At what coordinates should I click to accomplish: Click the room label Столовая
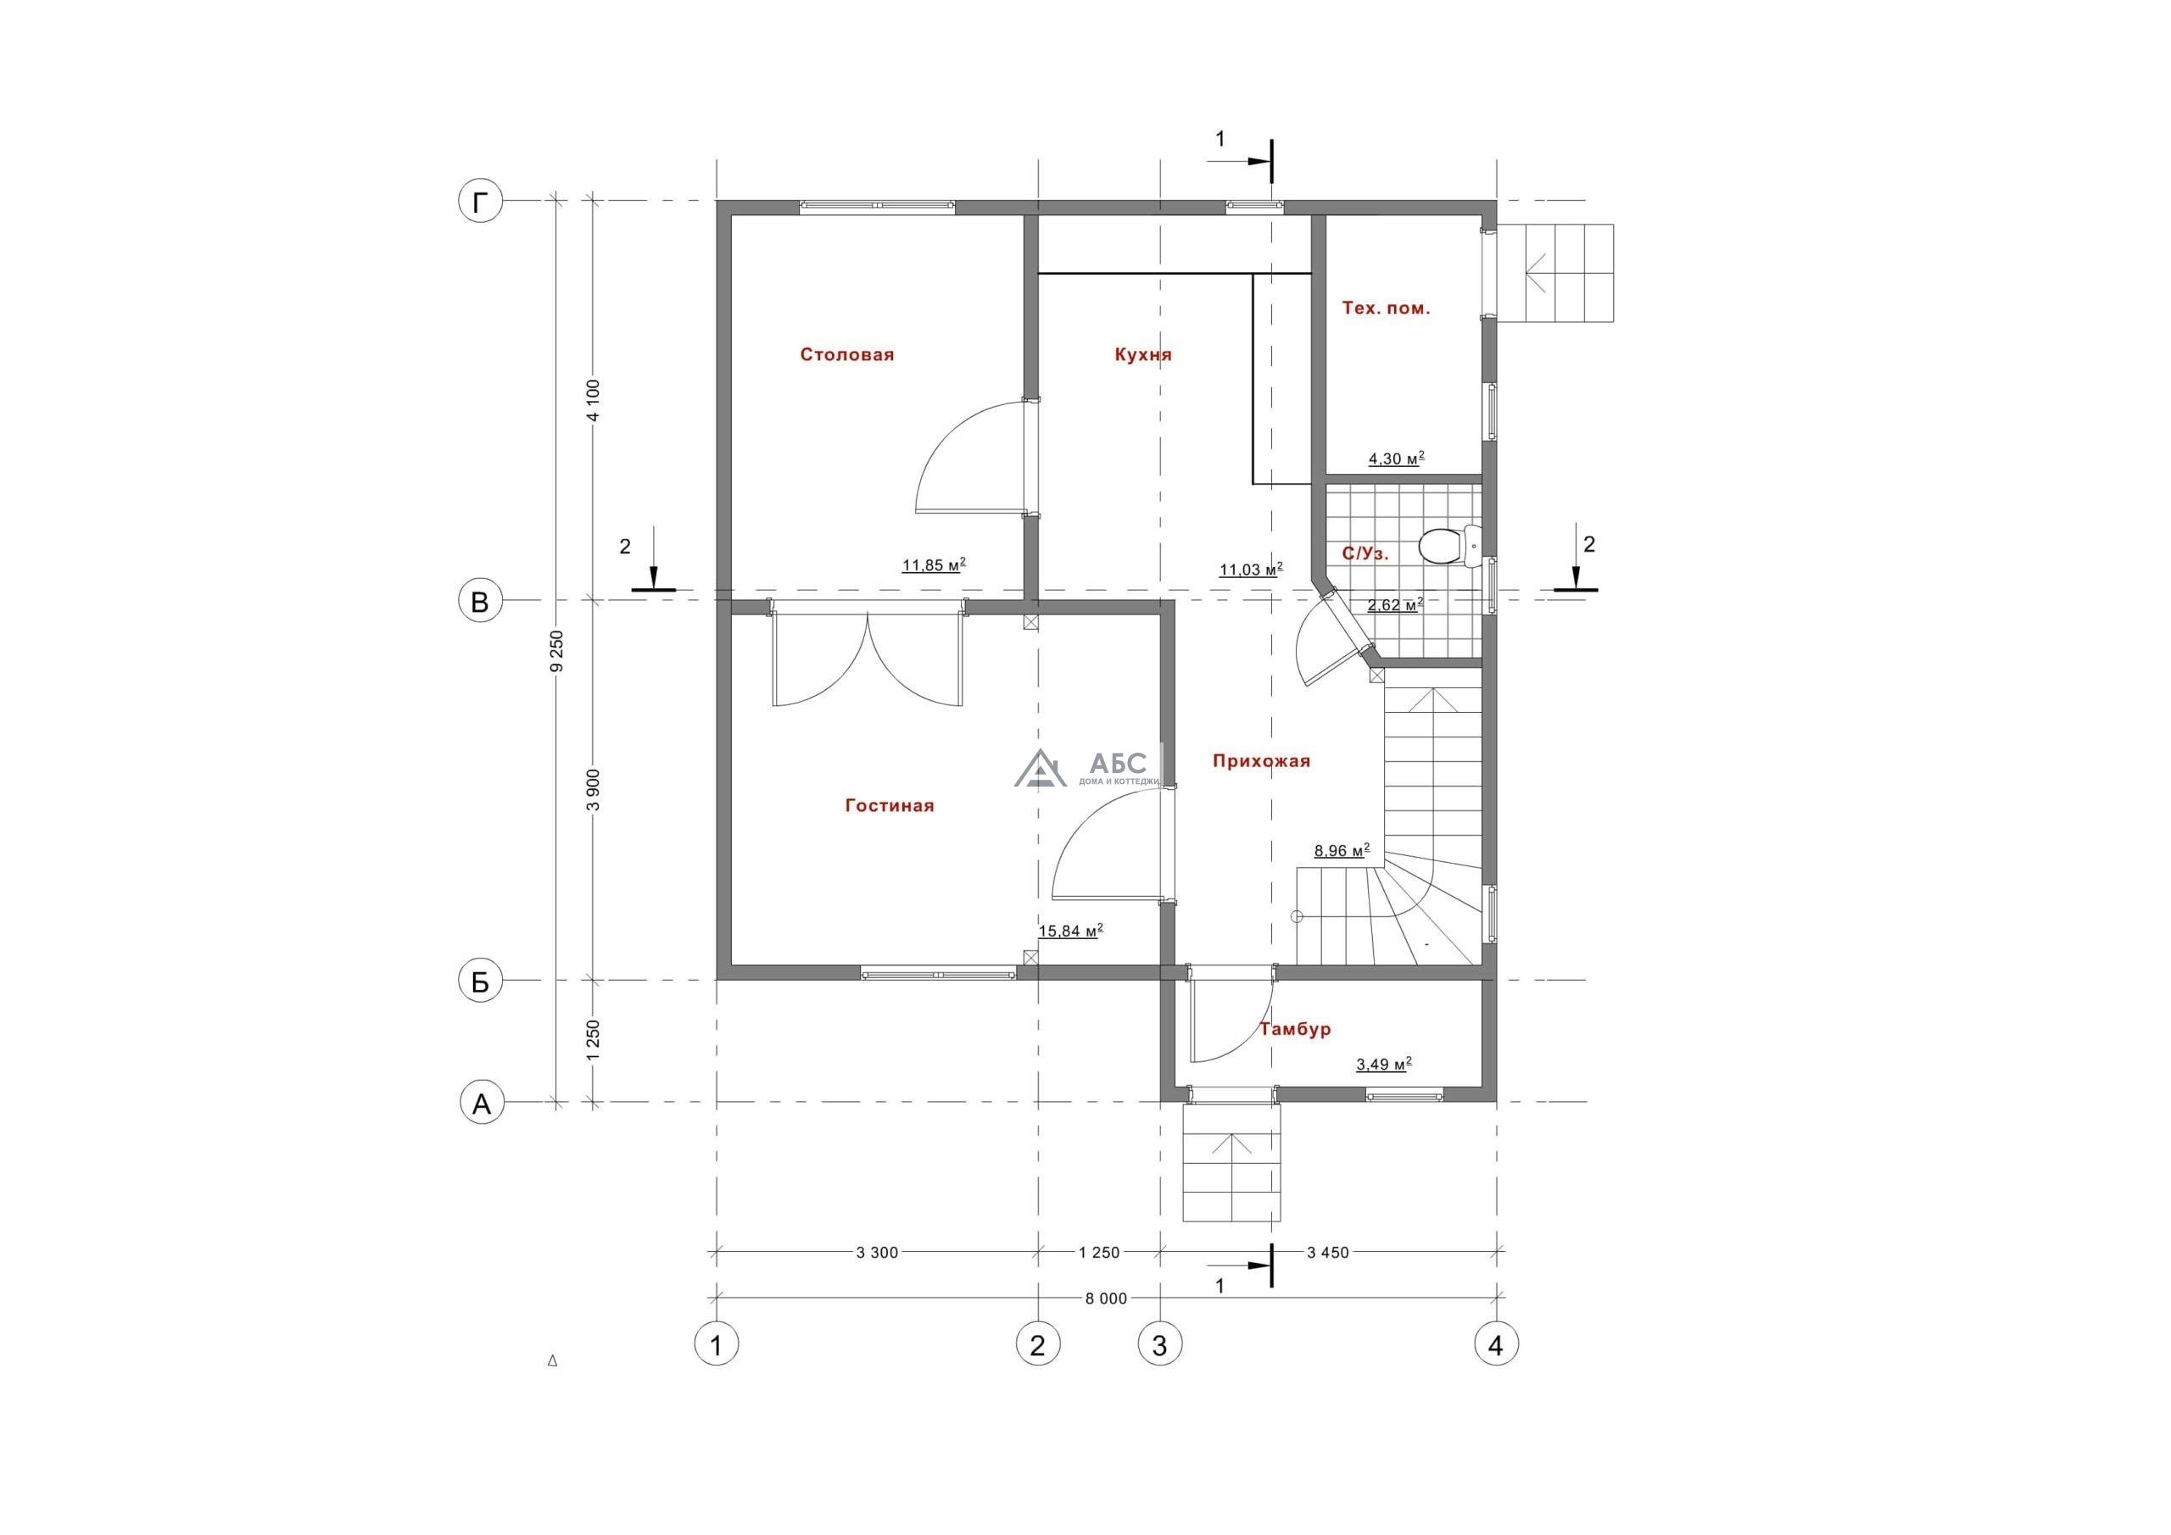tap(847, 354)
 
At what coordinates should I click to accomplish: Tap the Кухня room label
tap(1143, 354)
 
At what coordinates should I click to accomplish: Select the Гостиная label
tap(890, 805)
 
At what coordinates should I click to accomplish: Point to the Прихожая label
tap(1261, 761)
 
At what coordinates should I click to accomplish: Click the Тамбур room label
tap(1296, 1028)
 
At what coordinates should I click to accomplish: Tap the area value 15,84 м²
tap(1070, 931)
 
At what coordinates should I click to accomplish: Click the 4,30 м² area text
tap(1397, 459)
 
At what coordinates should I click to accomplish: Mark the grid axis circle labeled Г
tap(480, 203)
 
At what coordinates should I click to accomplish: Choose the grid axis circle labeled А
tap(482, 1103)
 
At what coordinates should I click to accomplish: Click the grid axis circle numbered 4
tap(1496, 1343)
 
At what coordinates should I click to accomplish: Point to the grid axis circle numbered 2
tap(1038, 1343)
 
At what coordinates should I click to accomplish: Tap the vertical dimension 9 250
tap(558, 651)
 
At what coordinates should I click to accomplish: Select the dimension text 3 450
tap(1327, 1254)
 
